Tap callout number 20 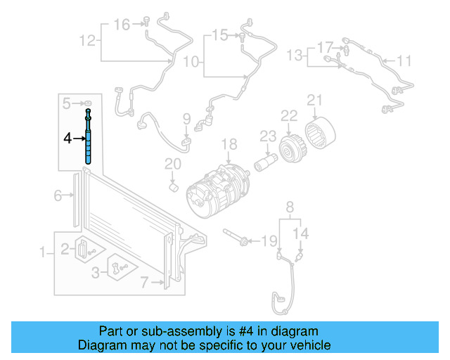coord(173,164)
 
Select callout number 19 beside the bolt coord(270,242)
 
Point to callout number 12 coord(87,41)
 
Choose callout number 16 coord(122,25)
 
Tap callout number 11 coord(404,61)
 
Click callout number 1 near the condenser coord(43,252)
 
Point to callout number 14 coord(301,233)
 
